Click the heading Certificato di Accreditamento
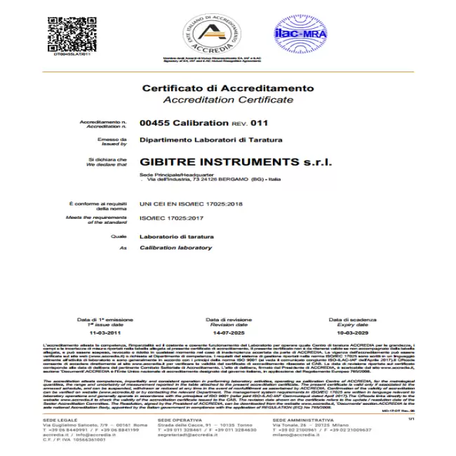(x=228, y=88)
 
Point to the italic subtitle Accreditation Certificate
(x=228, y=100)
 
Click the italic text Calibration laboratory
(x=175, y=248)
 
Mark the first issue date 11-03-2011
(x=105, y=334)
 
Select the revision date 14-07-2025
(x=228, y=334)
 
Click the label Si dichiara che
(x=112, y=159)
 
